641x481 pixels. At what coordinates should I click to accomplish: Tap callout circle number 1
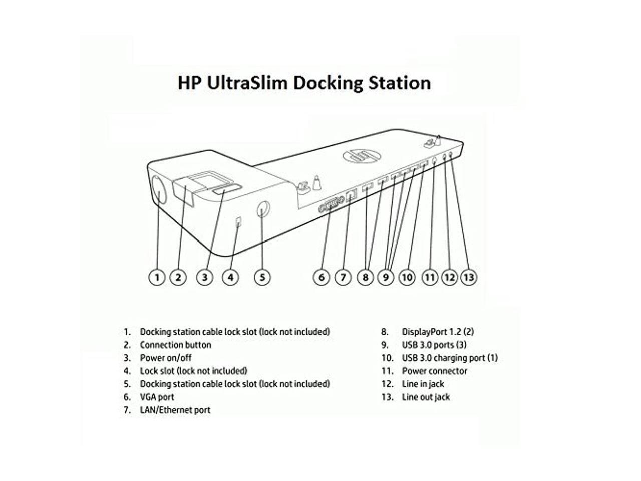pos(157,277)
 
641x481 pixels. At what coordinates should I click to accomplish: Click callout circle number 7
pos(343,277)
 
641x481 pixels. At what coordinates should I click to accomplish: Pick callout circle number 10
pos(407,277)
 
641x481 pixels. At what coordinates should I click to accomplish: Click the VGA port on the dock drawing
pos(331,204)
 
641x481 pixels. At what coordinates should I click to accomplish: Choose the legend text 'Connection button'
pos(175,345)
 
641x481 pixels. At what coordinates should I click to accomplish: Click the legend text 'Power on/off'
pos(165,358)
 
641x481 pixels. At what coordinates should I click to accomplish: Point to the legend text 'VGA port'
pos(157,397)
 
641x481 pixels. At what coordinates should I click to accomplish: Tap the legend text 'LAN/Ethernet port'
pos(175,410)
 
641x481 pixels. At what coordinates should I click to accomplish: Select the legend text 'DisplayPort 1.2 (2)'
pos(438,332)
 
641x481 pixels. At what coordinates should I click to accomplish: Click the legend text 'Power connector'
pos(434,371)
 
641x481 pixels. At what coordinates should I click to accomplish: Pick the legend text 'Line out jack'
pos(426,397)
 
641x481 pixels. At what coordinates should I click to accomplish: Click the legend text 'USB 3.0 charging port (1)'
pos(450,358)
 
